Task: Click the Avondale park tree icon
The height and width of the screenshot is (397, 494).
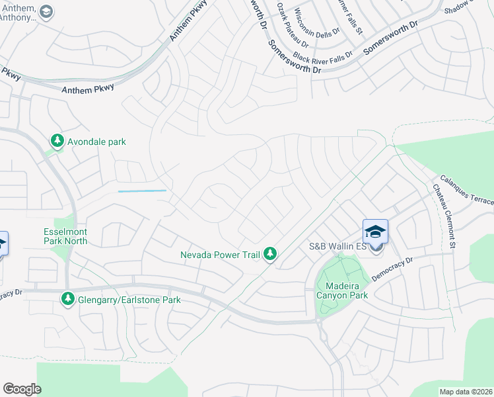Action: coord(58,141)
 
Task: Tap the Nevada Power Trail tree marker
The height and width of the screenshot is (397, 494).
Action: coord(270,254)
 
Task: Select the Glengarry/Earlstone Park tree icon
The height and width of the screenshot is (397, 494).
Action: coord(67,299)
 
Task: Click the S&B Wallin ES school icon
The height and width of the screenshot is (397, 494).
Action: coord(375,232)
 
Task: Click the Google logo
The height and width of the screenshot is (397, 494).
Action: coord(22,388)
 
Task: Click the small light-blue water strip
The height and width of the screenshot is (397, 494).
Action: coord(143,191)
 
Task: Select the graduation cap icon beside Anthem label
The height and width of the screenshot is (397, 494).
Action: coord(46,12)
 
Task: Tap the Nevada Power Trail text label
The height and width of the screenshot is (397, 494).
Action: coord(221,255)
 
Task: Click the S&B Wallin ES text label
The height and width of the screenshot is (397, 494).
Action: coord(336,247)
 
